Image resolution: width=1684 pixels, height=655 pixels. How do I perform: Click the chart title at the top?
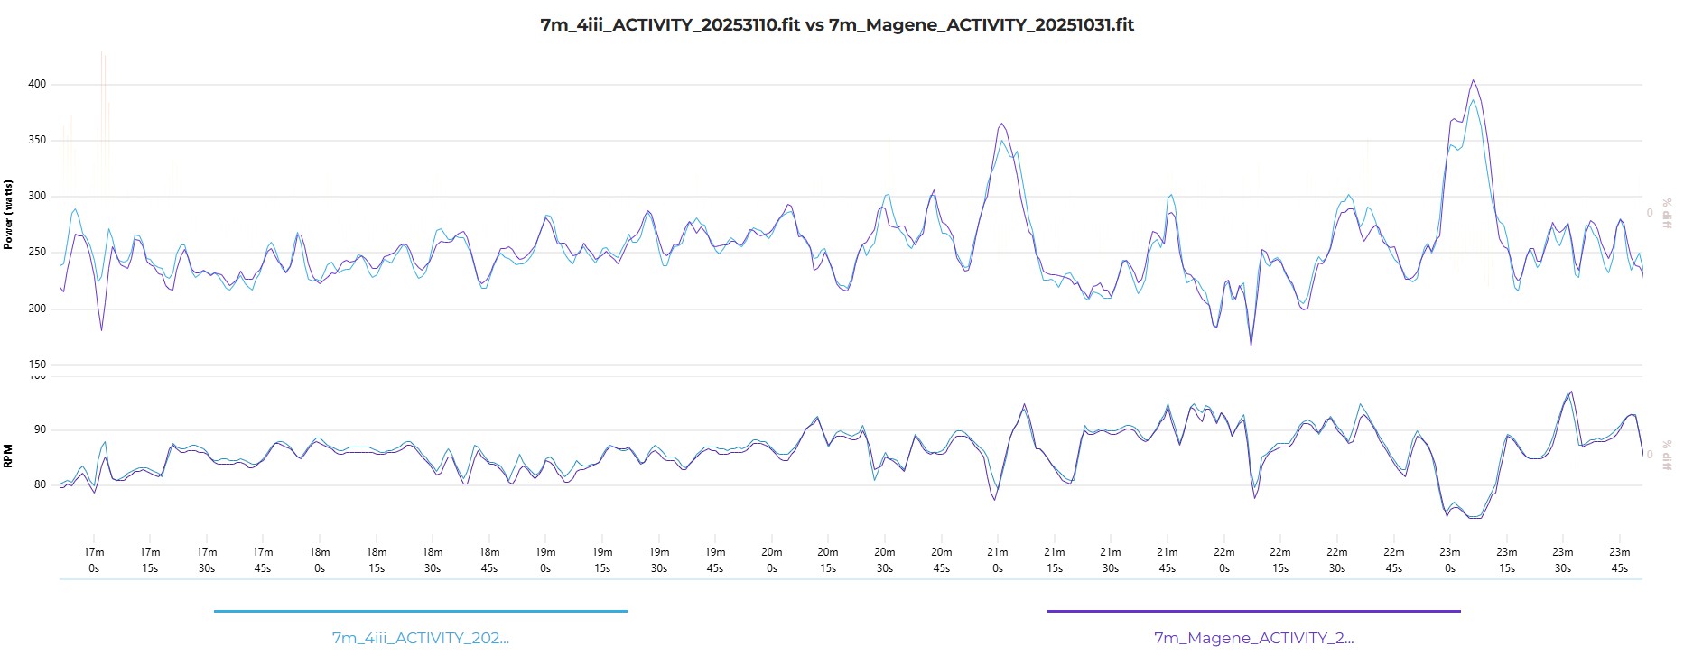[837, 25]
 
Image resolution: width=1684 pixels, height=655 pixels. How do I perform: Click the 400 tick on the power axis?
[37, 84]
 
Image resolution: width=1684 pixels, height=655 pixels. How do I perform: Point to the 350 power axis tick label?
[37, 140]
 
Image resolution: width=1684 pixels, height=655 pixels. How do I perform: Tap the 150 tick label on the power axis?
[37, 364]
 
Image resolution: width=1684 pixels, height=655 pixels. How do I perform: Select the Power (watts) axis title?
[8, 215]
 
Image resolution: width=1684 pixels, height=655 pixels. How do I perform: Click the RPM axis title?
[8, 456]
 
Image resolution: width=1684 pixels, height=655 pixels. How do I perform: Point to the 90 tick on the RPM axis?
[40, 429]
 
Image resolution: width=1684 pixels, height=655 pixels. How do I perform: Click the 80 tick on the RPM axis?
[40, 484]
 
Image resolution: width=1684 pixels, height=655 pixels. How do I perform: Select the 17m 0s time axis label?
[94, 559]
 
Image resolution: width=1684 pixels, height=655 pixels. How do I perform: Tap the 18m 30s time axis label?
[433, 559]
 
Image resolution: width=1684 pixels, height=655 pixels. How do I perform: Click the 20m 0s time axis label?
[771, 559]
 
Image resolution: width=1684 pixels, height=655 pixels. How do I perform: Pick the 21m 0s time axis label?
[998, 559]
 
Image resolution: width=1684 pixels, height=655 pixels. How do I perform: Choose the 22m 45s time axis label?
[1393, 559]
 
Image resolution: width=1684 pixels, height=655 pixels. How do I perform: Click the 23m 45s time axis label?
[1620, 559]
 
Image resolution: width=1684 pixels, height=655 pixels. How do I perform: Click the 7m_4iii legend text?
[421, 638]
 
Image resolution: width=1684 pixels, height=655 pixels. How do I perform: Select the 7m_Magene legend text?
[1253, 638]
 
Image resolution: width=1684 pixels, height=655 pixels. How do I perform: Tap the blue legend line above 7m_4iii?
[421, 611]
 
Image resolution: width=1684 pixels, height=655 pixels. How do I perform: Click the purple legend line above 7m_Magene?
[1253, 611]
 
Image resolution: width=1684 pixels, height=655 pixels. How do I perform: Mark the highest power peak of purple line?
[1473, 80]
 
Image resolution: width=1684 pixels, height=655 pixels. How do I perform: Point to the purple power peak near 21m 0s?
[1001, 124]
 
